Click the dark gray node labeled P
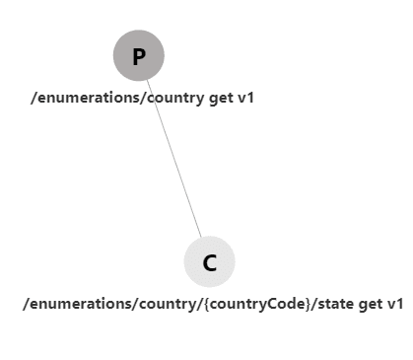(x=138, y=55)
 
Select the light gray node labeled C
(x=209, y=261)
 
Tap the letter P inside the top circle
(x=138, y=56)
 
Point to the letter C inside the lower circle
(x=209, y=262)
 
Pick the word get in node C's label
(x=371, y=304)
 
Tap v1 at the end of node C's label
(x=394, y=304)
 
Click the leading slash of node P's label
(x=34, y=98)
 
